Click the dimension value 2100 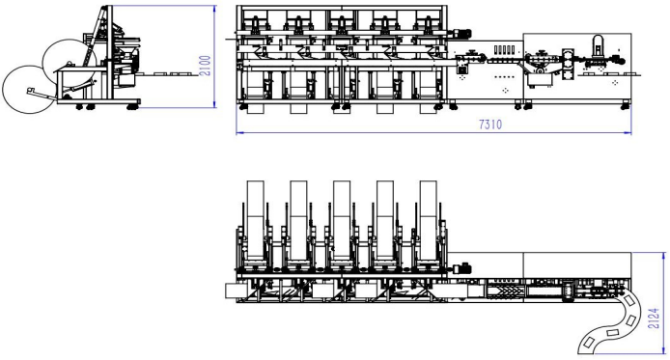(x=206, y=66)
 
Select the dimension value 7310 (x=490, y=125)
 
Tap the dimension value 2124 (x=654, y=318)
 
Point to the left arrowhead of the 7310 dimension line (x=239, y=133)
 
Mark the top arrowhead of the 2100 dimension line (x=214, y=9)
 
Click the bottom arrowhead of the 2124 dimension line (x=663, y=350)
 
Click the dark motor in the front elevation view (x=461, y=34)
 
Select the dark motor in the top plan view (x=461, y=269)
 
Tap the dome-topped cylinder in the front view (x=596, y=45)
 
